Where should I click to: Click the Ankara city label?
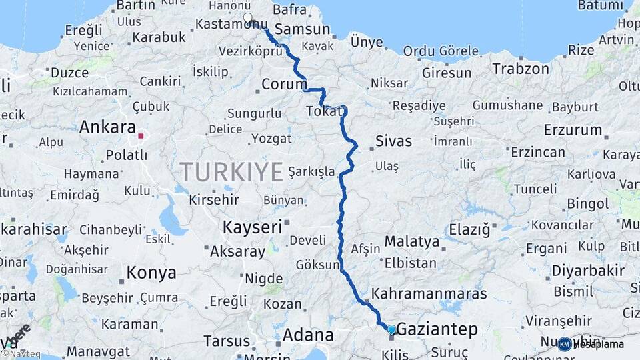[107, 127]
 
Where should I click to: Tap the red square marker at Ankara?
[141, 136]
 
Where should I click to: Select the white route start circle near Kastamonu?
[248, 18]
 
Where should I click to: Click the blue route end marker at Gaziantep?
[391, 329]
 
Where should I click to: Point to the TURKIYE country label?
[231, 172]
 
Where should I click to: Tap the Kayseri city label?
[253, 227]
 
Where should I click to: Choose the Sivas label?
[393, 141]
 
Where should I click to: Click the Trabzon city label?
[521, 69]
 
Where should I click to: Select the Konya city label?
[151, 273]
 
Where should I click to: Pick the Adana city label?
[308, 335]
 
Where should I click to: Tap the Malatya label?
[412, 241]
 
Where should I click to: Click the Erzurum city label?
[573, 129]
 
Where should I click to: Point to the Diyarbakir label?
[589, 271]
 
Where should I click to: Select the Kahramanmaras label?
[429, 293]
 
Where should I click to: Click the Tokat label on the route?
[324, 111]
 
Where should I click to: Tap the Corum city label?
[284, 85]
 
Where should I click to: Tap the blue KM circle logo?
[565, 344]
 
